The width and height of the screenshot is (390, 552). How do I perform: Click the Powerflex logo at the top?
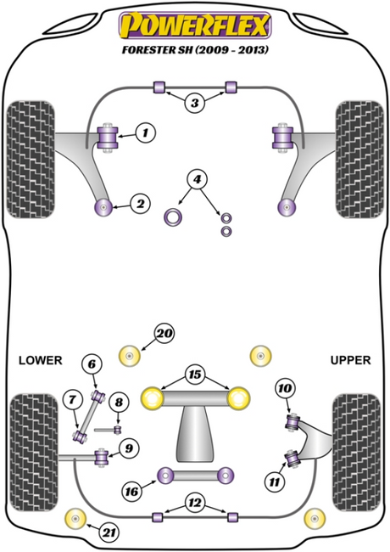click(x=195, y=25)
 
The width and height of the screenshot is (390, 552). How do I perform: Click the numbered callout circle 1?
click(x=145, y=133)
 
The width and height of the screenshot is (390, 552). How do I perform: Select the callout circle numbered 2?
click(x=141, y=204)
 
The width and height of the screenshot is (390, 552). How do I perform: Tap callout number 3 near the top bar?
click(x=195, y=103)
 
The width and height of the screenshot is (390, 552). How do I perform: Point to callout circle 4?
click(x=197, y=179)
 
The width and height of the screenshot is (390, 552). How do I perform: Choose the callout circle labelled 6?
click(x=92, y=363)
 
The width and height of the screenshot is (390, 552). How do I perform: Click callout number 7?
click(x=73, y=400)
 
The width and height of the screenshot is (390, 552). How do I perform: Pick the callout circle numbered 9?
click(x=130, y=448)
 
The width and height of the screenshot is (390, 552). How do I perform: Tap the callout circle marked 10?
click(x=285, y=388)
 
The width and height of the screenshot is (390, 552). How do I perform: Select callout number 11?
click(x=275, y=482)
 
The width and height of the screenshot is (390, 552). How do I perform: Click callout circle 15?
click(x=195, y=375)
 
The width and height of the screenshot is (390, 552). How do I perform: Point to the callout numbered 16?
click(x=132, y=491)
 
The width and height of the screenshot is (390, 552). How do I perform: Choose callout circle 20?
click(x=164, y=333)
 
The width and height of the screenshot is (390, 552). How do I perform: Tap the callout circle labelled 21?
click(x=109, y=532)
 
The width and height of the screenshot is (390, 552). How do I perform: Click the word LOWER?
click(x=41, y=360)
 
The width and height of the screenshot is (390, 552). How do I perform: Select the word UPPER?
click(x=351, y=360)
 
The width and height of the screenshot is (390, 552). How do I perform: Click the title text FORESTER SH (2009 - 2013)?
click(x=195, y=49)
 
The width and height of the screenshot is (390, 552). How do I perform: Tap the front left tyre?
click(x=31, y=160)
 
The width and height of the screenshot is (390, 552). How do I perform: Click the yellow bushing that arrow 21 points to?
click(x=76, y=519)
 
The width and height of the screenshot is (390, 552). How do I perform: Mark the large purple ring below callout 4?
click(x=173, y=217)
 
